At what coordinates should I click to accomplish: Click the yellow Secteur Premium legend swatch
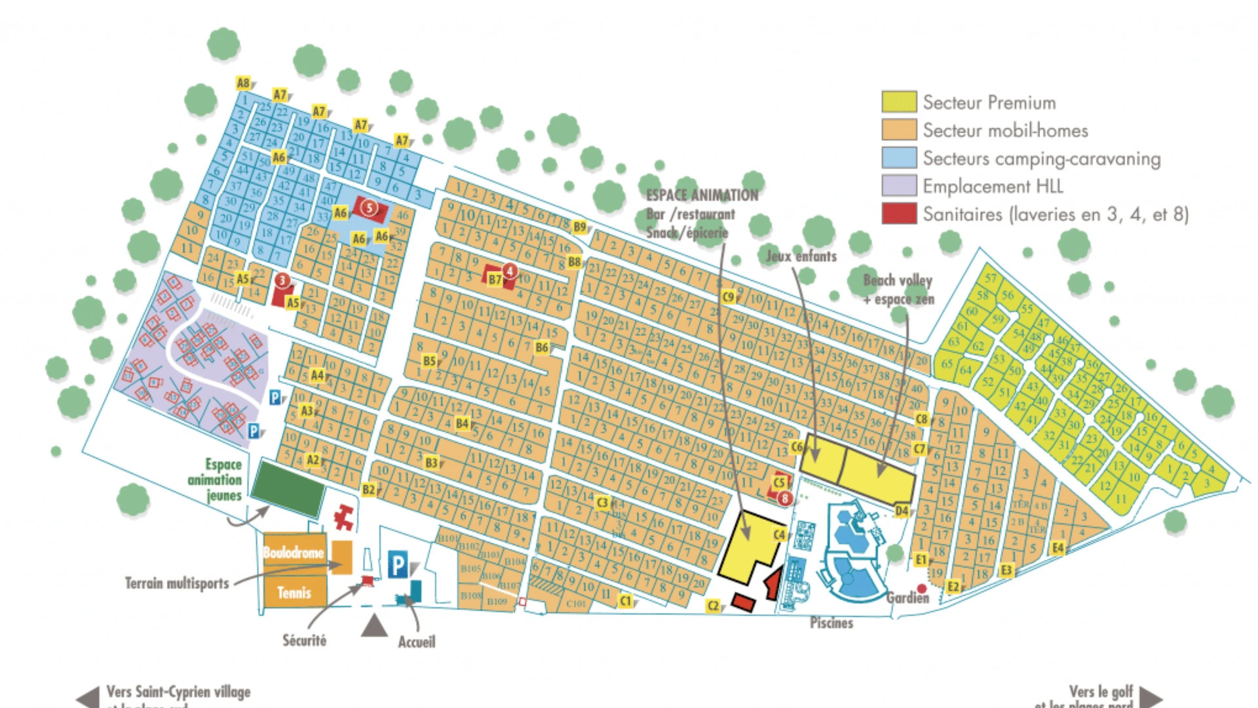[898, 102]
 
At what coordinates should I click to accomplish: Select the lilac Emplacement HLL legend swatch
[898, 186]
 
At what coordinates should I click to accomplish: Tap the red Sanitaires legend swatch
[898, 214]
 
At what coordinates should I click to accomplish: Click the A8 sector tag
[244, 83]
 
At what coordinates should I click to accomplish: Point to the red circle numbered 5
[370, 208]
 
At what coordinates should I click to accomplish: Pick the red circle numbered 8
[785, 499]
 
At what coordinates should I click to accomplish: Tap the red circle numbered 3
[282, 281]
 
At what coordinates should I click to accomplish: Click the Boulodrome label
[294, 553]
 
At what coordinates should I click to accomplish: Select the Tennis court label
[294, 593]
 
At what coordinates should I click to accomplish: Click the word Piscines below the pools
[831, 623]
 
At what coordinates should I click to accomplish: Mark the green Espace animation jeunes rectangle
[288, 488]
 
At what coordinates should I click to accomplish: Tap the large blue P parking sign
[398, 564]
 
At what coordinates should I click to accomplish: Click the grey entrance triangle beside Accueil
[374, 625]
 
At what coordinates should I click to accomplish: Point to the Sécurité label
[304, 640]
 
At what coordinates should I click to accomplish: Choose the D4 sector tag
[902, 511]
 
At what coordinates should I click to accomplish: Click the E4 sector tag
[1058, 547]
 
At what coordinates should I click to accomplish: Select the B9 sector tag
[580, 227]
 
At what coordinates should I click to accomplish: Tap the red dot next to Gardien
[922, 588]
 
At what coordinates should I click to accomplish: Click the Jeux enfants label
[801, 256]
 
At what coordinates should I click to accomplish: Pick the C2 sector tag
[714, 606]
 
